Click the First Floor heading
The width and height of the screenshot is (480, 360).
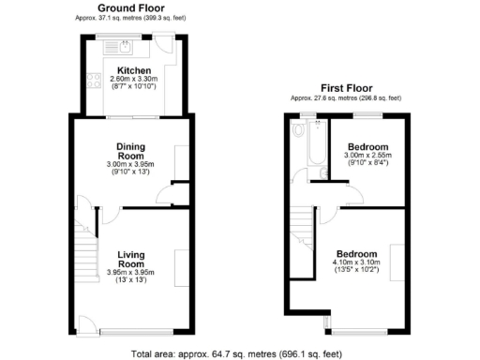346,87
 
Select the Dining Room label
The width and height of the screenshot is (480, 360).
129,151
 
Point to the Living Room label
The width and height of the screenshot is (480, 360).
129,258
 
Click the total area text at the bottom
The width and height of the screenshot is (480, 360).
239,354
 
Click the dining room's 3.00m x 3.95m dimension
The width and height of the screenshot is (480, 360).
129,166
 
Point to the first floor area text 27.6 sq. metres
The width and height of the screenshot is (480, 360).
346,97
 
